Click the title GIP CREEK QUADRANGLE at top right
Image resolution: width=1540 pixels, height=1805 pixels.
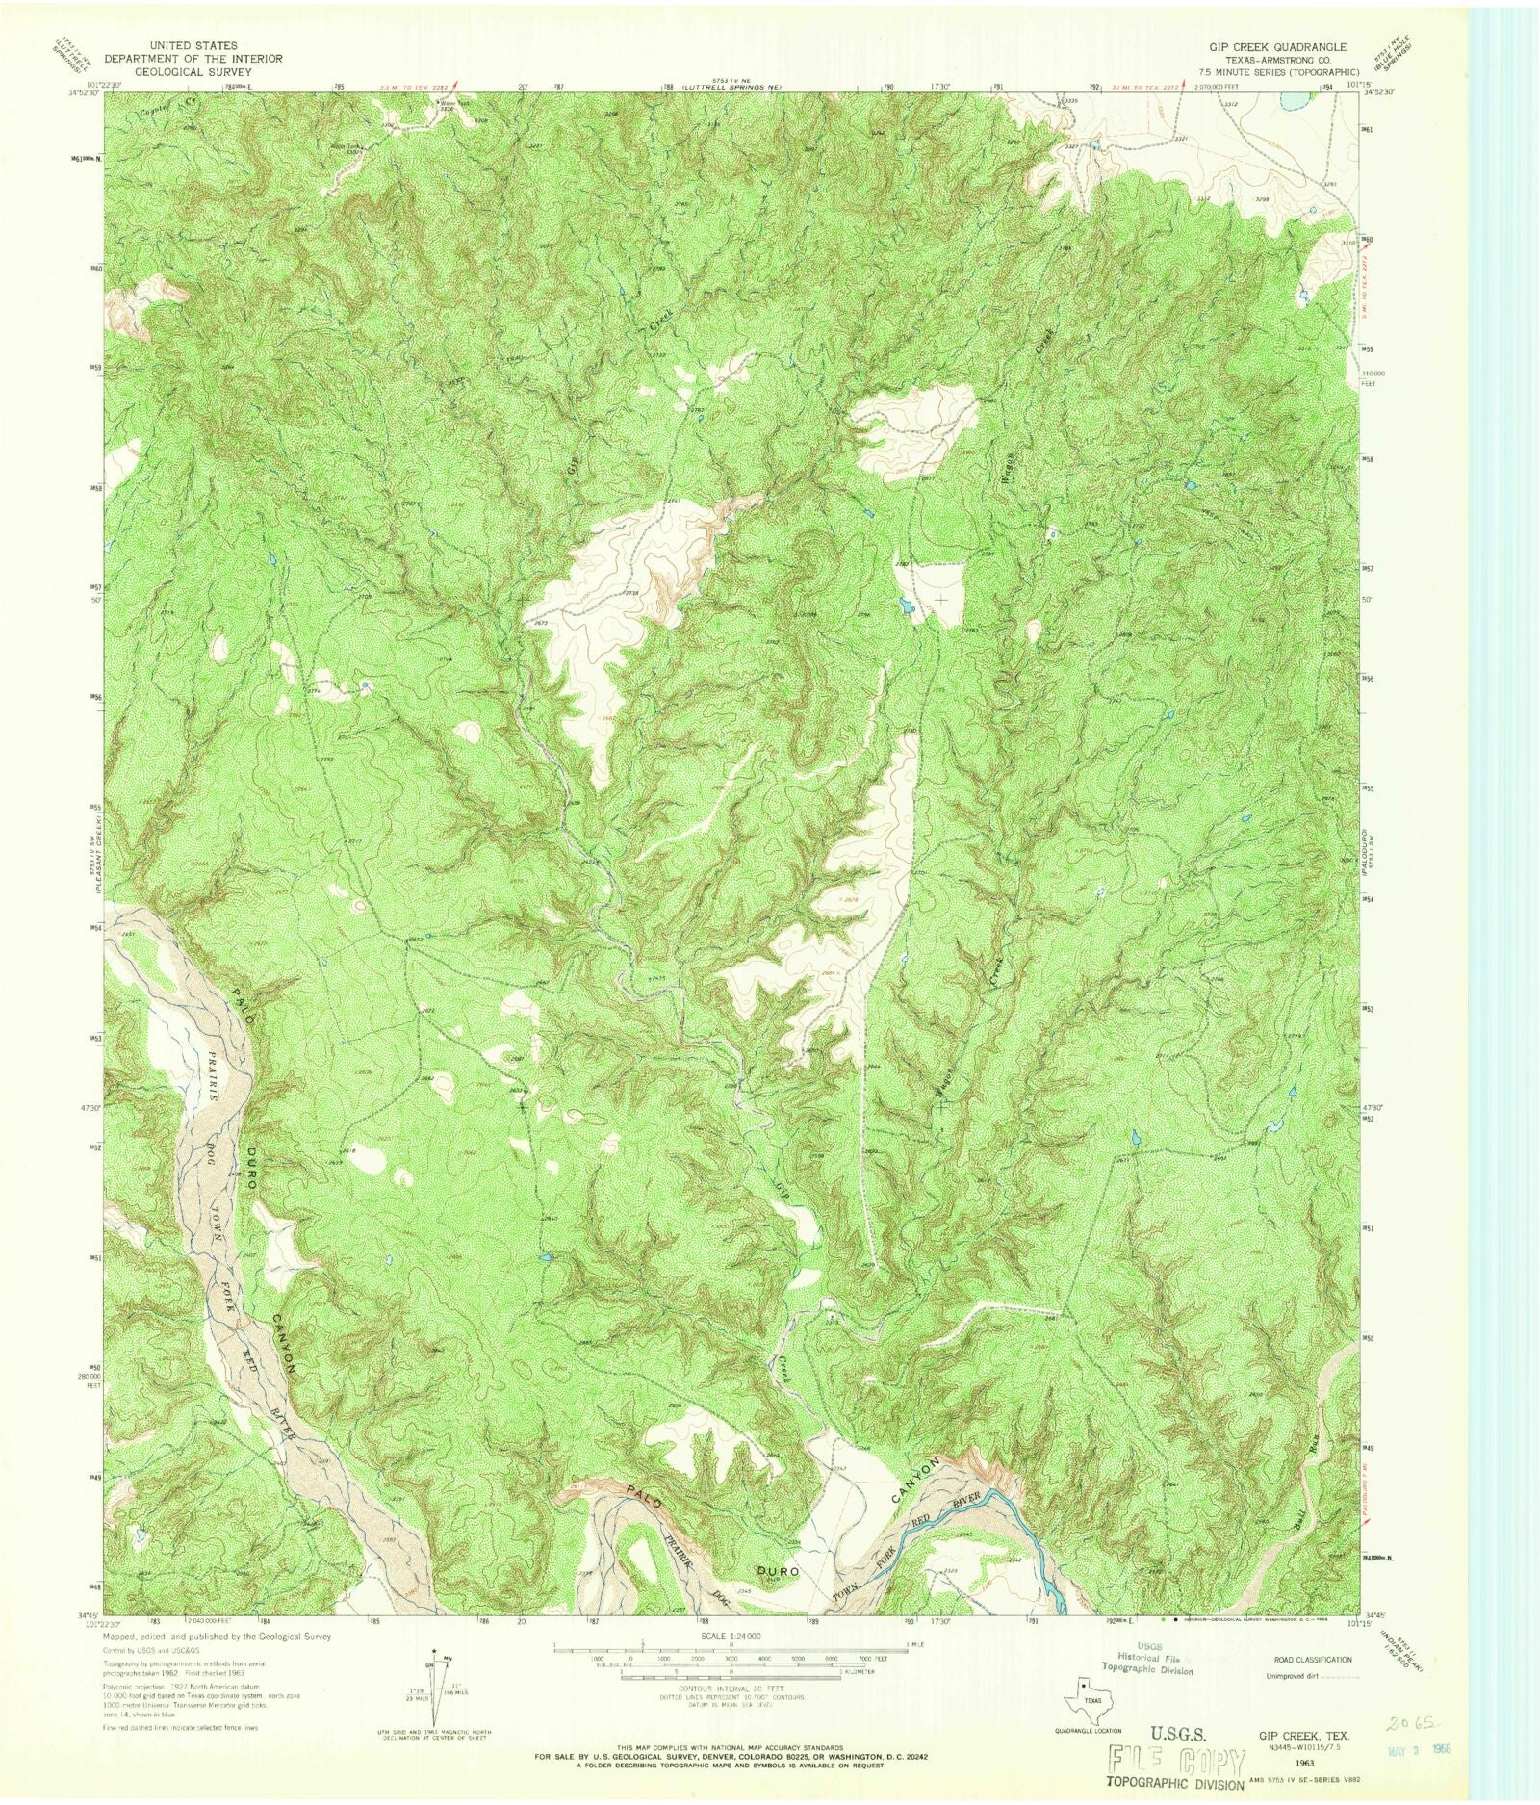pos(1277,46)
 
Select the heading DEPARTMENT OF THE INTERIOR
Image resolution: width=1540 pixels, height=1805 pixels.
pos(208,59)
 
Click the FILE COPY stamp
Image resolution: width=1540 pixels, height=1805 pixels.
pos(1176,1761)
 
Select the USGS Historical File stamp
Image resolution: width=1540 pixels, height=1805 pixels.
pos(1147,1658)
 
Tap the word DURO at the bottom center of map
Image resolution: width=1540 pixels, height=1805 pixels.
pos(778,1570)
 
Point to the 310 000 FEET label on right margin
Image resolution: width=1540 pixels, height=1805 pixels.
pos(1373,377)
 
